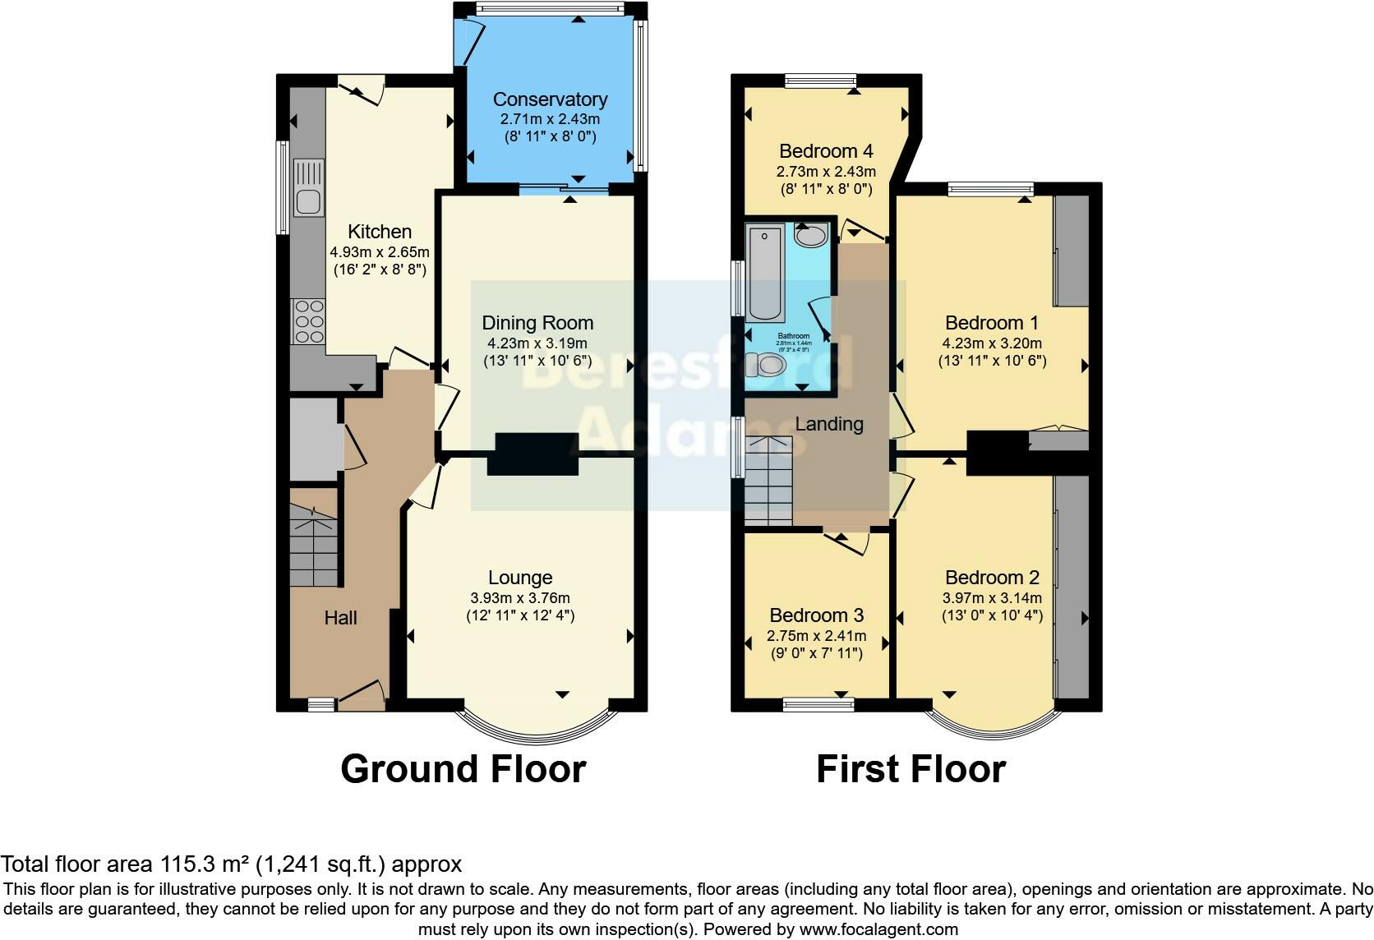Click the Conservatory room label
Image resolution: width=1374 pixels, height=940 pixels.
click(550, 99)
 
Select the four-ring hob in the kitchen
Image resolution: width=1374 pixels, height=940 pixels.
click(309, 321)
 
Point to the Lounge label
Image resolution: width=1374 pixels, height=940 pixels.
click(519, 578)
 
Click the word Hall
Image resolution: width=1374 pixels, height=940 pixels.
click(340, 618)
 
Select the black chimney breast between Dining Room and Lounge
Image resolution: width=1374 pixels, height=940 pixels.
click(533, 454)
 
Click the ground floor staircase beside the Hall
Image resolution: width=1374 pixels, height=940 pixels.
click(314, 546)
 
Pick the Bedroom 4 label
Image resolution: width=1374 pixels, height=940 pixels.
click(825, 151)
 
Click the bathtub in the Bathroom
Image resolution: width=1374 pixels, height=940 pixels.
click(766, 274)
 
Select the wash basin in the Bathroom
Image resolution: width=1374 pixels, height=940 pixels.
click(810, 236)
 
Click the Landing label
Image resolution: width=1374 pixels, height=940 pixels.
click(828, 424)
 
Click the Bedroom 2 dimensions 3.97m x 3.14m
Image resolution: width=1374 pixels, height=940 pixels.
click(991, 598)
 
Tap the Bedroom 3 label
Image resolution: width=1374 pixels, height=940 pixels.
click(816, 615)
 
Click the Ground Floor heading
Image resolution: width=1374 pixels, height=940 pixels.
click(463, 769)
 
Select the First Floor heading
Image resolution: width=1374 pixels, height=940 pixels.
click(911, 769)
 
